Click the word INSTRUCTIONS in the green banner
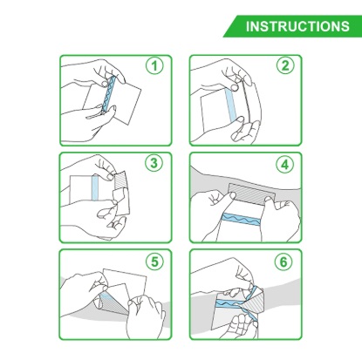[297, 26]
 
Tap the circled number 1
[154, 65]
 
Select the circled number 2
[284, 65]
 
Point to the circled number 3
[154, 163]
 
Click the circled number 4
[284, 165]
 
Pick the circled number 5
[154, 262]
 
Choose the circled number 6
[283, 262]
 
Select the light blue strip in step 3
[96, 187]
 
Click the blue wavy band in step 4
[241, 220]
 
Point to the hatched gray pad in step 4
[251, 194]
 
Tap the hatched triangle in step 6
[254, 302]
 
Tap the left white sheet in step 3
[81, 189]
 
